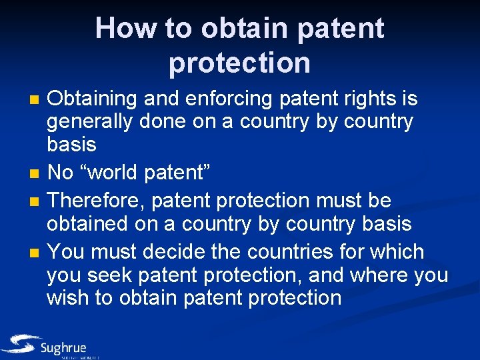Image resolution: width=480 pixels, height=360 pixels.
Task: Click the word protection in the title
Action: [239, 63]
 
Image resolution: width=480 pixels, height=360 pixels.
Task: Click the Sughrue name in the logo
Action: [63, 348]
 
